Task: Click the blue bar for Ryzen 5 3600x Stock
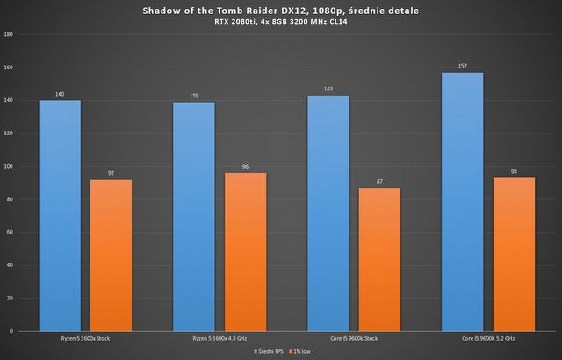(60, 215)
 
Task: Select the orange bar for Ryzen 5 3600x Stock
(111, 255)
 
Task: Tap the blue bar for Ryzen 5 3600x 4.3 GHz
(194, 216)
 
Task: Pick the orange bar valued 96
(245, 251)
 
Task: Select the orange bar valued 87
(379, 259)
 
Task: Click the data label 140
(60, 94)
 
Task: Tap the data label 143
(328, 90)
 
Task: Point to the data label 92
(111, 174)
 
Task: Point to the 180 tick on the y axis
(8, 35)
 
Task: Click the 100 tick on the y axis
(8, 167)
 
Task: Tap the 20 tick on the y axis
(9, 299)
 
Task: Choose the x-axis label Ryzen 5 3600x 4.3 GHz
(220, 338)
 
